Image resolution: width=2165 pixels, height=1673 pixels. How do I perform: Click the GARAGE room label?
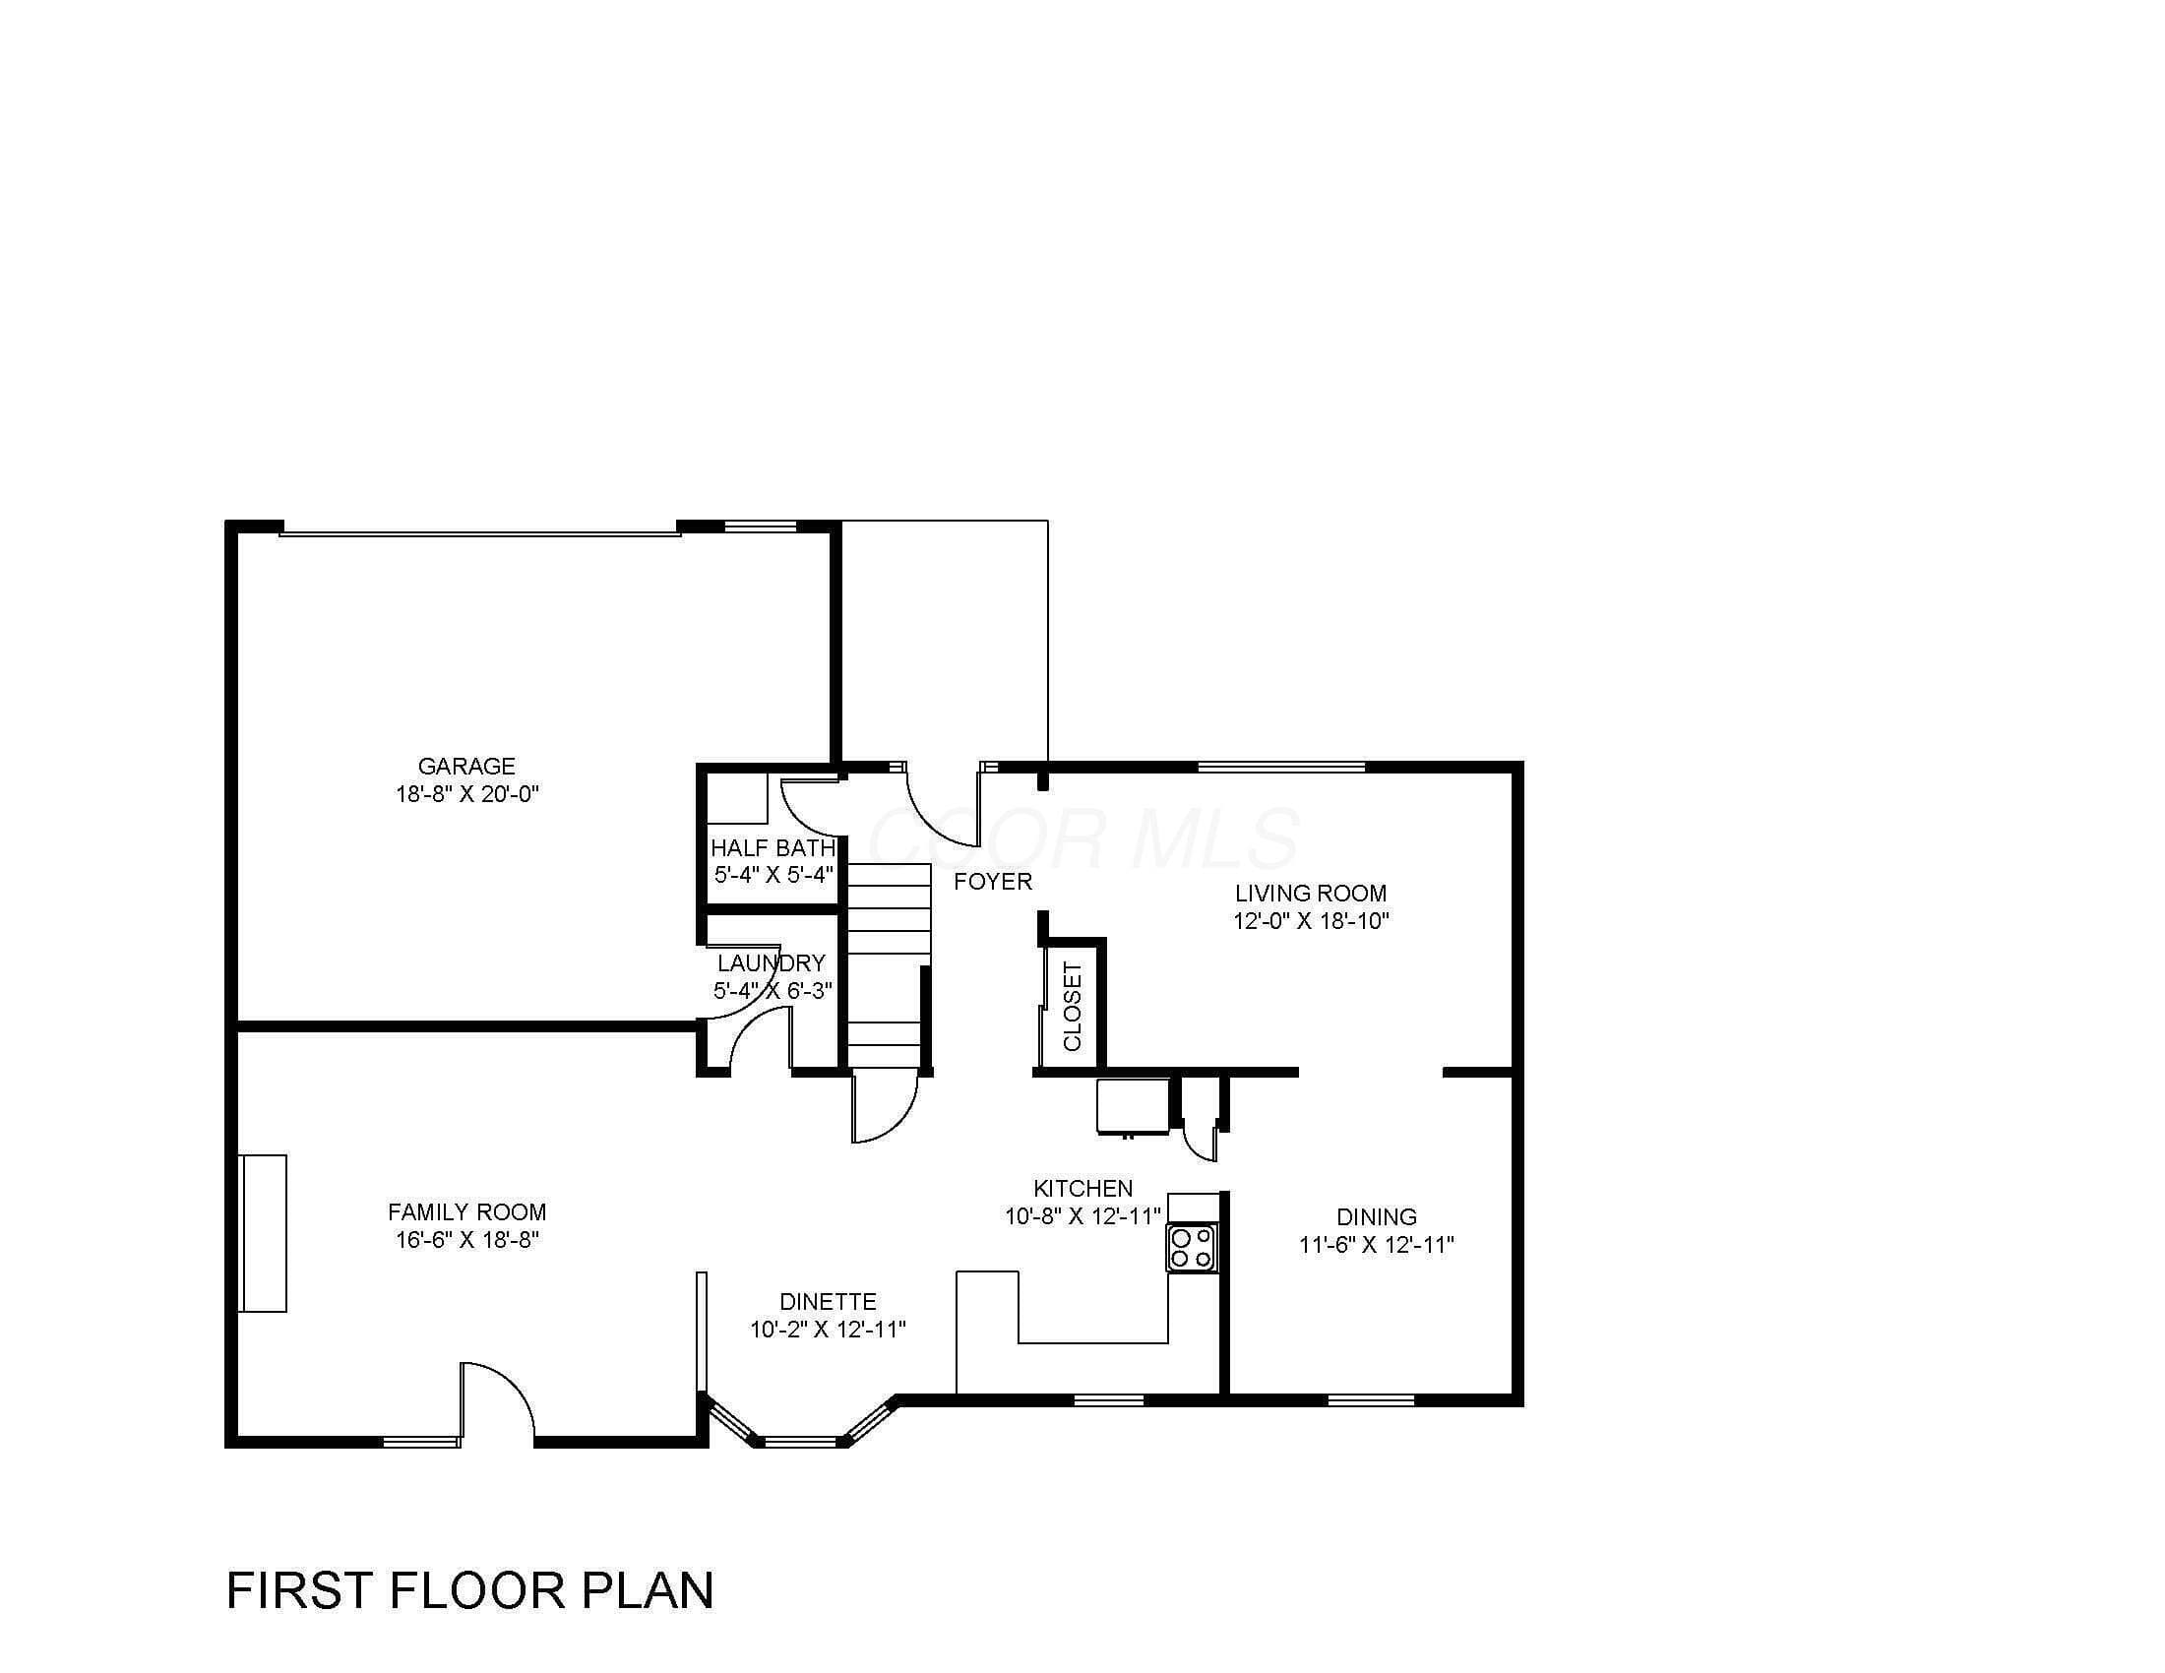coord(465,766)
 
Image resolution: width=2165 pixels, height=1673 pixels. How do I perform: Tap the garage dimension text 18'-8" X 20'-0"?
coord(465,794)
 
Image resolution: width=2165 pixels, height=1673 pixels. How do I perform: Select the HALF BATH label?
coord(773,847)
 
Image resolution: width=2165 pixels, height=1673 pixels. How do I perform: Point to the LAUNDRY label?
coord(772,962)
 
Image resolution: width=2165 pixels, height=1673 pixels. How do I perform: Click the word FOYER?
coord(993,881)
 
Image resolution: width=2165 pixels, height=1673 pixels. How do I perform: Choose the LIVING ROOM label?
coord(1311,893)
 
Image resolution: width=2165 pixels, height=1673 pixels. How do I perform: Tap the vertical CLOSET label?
coord(1073,1006)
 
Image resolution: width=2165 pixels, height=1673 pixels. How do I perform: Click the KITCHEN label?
coord(1082,1189)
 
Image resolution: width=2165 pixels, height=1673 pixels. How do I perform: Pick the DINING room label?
coord(1376,1216)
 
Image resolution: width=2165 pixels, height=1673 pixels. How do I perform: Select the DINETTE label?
coord(828,1301)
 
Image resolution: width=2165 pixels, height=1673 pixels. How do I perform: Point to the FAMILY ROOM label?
coord(466,1212)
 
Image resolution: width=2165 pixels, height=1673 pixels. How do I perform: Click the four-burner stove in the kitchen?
coord(1192,1248)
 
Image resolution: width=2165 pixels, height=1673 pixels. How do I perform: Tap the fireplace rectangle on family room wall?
coord(264,1233)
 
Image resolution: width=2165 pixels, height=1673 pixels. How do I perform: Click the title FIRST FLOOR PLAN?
coord(469,1588)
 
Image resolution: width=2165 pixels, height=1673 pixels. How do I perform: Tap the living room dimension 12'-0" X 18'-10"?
coord(1311,921)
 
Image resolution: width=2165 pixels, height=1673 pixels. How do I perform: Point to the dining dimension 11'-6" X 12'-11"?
coord(1376,1244)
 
